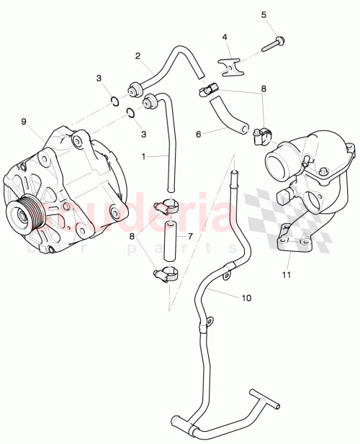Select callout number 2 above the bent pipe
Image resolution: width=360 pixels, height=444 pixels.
138,55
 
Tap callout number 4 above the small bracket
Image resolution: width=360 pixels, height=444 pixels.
225,37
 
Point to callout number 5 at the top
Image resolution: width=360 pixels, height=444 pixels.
263,14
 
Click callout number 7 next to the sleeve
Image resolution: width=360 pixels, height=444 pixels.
189,235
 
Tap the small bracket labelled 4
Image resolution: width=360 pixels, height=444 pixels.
229,68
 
